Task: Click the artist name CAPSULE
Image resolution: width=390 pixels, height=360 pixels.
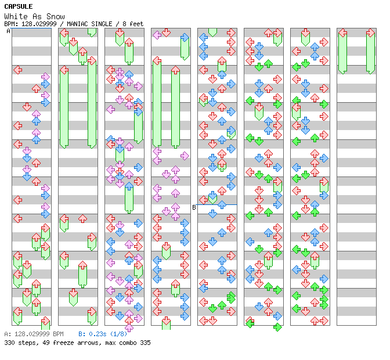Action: coord(18,6)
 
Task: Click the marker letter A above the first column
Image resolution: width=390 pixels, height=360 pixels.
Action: coord(9,31)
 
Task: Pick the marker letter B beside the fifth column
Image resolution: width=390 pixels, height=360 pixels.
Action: coord(194,207)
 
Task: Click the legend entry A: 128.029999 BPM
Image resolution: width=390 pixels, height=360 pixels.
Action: coord(34,334)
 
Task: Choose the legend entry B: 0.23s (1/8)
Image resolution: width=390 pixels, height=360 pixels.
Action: coord(102,334)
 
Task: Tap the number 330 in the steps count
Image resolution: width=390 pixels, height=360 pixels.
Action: coord(9,343)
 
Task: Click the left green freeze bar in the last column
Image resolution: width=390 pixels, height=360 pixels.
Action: coord(342,51)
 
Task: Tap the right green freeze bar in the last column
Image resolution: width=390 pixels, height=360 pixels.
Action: coord(370,51)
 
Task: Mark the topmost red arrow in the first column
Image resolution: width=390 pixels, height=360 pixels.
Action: coord(17,70)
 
